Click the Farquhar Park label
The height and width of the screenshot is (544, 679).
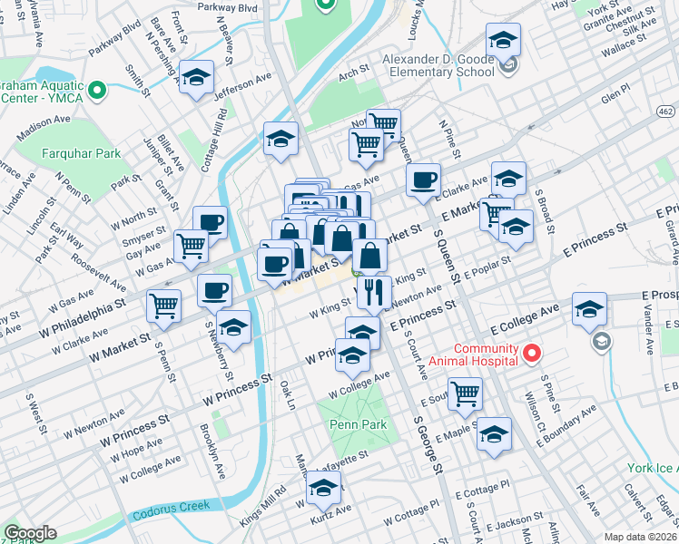pos(81,153)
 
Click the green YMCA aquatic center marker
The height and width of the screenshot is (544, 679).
pos(99,89)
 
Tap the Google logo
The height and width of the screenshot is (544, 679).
pos(30,533)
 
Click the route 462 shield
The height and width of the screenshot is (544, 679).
pos(666,111)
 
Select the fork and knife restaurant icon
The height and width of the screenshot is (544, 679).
pos(374,292)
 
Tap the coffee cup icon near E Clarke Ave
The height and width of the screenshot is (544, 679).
pos(422,180)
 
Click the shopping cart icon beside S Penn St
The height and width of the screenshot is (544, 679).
pos(165,306)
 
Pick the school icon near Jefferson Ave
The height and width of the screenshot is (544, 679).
pos(195,78)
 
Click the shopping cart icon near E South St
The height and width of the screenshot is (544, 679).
pos(465,393)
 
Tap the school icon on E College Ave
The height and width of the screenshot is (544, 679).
pos(589,310)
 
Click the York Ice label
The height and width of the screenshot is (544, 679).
pos(652,468)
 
